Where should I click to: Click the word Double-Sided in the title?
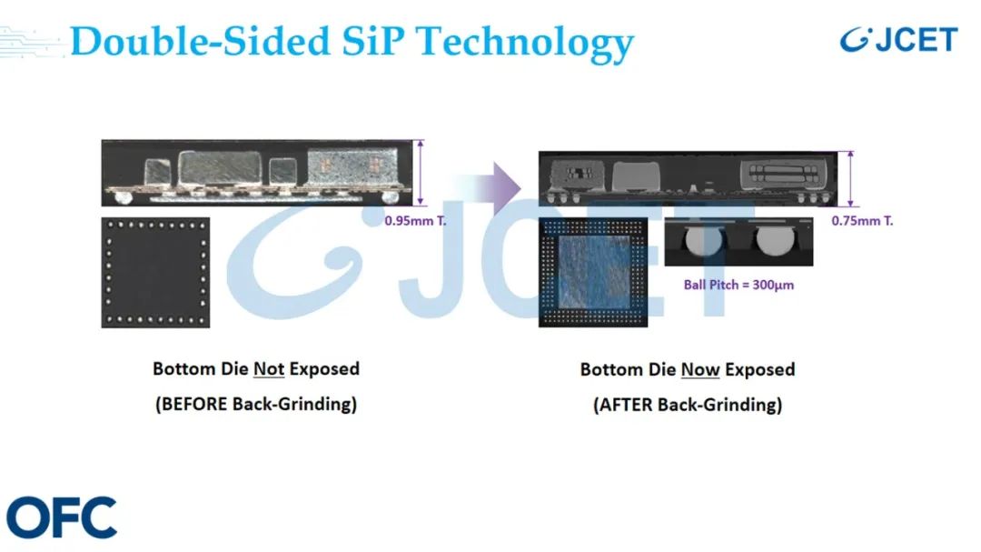coord(200,41)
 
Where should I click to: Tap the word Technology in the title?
coord(525,44)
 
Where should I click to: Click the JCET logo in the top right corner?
coord(898,39)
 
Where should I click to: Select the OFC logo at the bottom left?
coord(62,517)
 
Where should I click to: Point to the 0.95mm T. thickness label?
coord(415,221)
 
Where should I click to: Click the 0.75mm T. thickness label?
coord(862,221)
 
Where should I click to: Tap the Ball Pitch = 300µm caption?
coord(738,285)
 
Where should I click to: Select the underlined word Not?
coord(269,368)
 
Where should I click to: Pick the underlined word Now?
coord(700,370)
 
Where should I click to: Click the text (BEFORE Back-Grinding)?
coord(256,404)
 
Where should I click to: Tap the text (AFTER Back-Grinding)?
coord(688,405)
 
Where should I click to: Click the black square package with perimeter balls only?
coord(156,273)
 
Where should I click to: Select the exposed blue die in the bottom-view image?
coord(594,274)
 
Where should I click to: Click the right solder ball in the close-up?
coord(775,241)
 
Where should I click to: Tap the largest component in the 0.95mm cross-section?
coord(220,168)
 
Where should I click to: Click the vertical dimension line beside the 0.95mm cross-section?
coord(421,173)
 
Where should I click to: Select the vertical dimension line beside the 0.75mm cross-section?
coord(850,179)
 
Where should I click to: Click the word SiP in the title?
coord(373,41)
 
